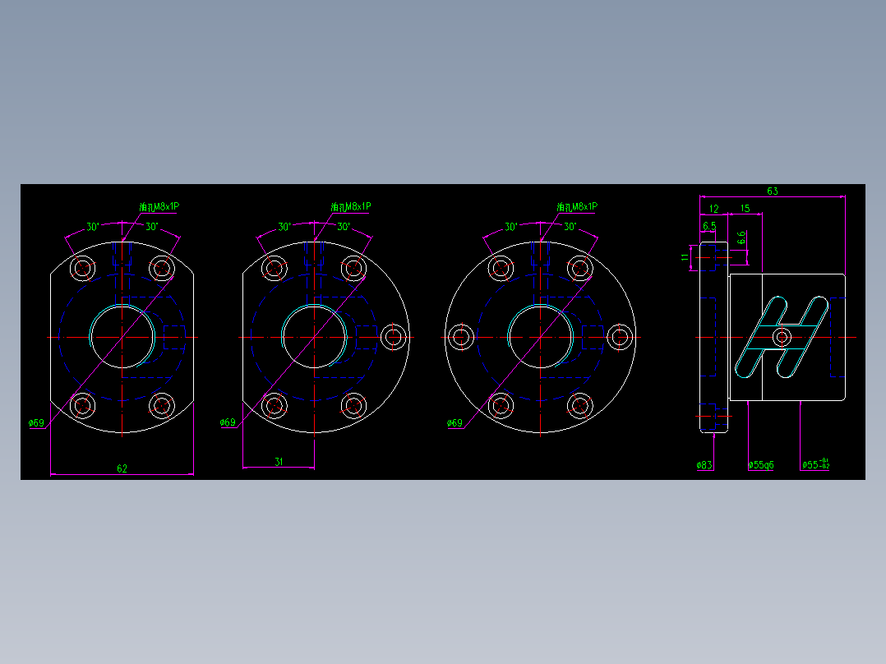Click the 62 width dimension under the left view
[x=122, y=468]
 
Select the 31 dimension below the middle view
[x=278, y=462]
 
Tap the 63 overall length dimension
[x=773, y=191]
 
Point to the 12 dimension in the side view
[x=713, y=209]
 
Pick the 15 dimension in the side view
[x=745, y=209]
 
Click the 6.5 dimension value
[x=708, y=225]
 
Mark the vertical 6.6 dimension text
[x=741, y=238]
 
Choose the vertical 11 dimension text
[x=685, y=257]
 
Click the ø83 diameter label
[x=704, y=465]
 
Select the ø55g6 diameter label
[x=761, y=465]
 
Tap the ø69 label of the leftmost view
[x=36, y=423]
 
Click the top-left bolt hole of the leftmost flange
[x=82, y=267]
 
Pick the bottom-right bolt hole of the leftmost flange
[x=161, y=404]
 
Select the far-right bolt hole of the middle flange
[x=395, y=336]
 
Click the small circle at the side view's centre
[x=782, y=336]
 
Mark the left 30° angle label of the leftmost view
[x=93, y=227]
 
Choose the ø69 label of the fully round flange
[x=455, y=423]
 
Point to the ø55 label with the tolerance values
[x=815, y=465]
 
